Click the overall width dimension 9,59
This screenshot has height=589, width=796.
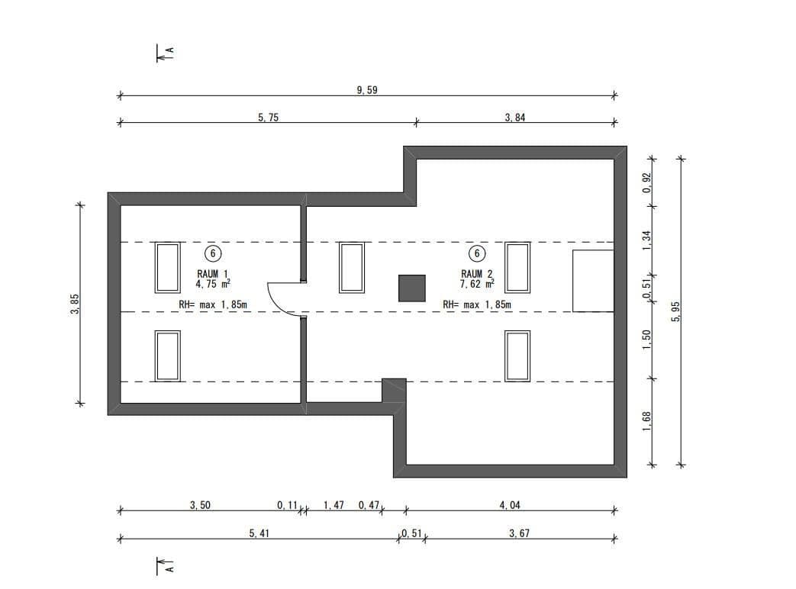click(x=367, y=89)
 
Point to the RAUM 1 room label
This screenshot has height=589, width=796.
click(x=213, y=273)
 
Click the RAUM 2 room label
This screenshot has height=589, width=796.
click(x=477, y=273)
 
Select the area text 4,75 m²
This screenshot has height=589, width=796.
click(x=213, y=283)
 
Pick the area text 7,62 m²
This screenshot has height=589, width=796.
click(x=477, y=283)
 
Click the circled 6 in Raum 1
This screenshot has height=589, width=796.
click(x=213, y=253)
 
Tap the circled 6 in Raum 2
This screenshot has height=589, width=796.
click(x=477, y=253)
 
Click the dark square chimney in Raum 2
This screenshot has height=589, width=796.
click(x=411, y=288)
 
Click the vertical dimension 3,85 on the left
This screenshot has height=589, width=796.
click(x=74, y=304)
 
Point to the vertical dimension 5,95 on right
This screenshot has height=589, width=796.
click(x=675, y=311)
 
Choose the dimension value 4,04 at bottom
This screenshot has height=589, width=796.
click(x=510, y=505)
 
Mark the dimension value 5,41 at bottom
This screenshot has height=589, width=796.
click(x=259, y=534)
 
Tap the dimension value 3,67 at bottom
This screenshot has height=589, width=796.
click(x=519, y=534)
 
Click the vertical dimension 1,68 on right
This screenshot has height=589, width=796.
click(x=646, y=421)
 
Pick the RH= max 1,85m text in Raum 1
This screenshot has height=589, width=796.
click(x=213, y=304)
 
